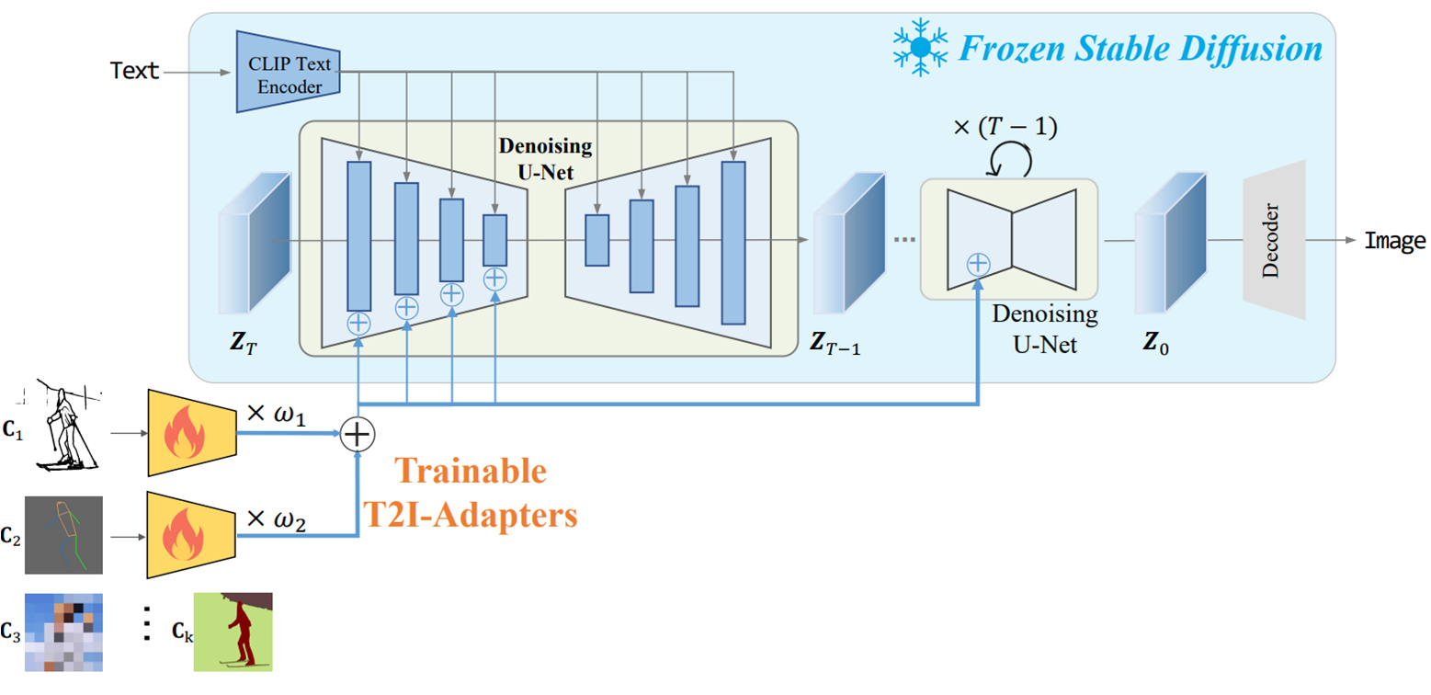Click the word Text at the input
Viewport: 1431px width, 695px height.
click(134, 70)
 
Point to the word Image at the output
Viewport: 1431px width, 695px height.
click(1394, 242)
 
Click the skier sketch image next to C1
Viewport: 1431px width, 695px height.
click(64, 424)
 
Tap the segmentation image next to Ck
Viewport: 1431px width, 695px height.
click(239, 632)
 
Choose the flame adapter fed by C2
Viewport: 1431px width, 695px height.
click(192, 535)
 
